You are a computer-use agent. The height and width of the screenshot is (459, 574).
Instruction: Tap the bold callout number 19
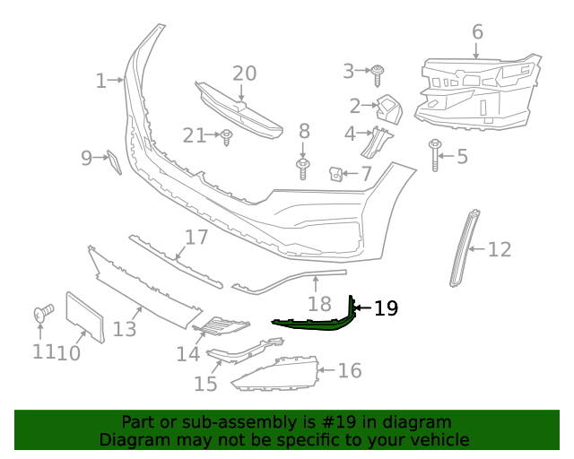[x=386, y=309]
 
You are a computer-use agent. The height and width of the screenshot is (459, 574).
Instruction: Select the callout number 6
[x=477, y=32]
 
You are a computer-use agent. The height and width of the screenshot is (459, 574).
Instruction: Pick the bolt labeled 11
[x=41, y=313]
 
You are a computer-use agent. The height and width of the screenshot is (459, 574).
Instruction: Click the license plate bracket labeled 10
[x=84, y=316]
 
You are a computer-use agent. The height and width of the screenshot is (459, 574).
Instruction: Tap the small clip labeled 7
[x=337, y=172]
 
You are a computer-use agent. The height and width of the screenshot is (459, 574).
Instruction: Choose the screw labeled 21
[x=227, y=137]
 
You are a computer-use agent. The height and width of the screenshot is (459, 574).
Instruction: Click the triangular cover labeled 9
[x=114, y=162]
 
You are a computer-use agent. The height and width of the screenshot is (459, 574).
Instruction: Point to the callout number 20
[x=244, y=74]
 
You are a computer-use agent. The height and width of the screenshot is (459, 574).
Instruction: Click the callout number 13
[x=125, y=329]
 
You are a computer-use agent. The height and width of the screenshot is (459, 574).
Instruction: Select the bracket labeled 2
[x=387, y=108]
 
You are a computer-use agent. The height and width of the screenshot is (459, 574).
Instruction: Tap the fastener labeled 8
[x=303, y=167]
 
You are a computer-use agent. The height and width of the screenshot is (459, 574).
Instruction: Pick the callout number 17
[x=196, y=238]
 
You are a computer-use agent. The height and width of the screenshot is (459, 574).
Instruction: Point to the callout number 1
[x=100, y=82]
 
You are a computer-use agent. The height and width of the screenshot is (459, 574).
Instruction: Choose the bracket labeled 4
[x=380, y=142]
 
